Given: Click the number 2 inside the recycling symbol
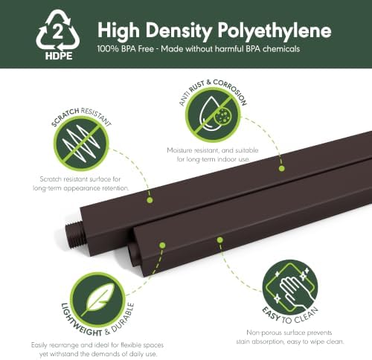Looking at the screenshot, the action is click(x=58, y=32).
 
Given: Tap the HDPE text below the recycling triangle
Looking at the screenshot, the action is click(x=59, y=56).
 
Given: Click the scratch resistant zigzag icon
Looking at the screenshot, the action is click(x=81, y=144).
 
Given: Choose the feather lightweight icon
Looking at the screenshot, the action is click(x=98, y=300).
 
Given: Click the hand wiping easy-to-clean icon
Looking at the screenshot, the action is click(x=290, y=287).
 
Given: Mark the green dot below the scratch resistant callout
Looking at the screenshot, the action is click(x=150, y=200).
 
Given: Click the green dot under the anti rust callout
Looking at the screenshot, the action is click(x=281, y=169).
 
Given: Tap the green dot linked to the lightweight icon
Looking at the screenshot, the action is click(x=162, y=245).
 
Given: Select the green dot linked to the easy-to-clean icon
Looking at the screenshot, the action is click(x=219, y=240).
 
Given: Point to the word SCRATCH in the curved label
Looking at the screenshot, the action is click(x=65, y=118).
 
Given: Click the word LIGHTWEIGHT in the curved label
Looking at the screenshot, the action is click(x=80, y=321).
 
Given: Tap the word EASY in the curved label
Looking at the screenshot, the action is click(x=271, y=314).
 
